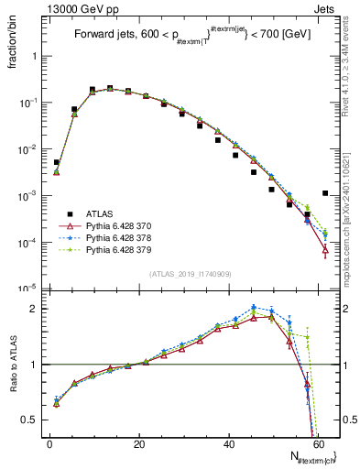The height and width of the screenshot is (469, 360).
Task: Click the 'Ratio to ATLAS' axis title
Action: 13,366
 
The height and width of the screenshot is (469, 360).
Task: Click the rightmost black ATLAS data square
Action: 326,193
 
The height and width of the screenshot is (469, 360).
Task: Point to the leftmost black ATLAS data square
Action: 57,162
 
